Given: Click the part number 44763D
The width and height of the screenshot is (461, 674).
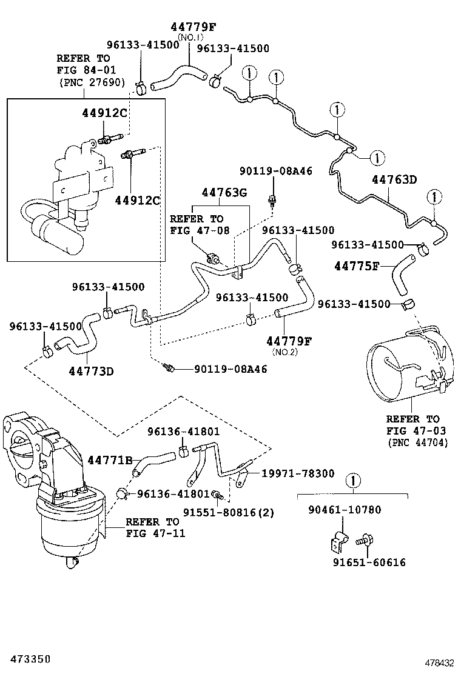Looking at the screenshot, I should tap(394, 180).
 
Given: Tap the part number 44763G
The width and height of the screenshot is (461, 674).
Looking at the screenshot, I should tap(224, 193).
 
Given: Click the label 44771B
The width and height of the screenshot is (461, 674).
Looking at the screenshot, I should tap(110, 461).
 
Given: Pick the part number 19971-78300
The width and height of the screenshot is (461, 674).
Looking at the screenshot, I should tap(297, 473).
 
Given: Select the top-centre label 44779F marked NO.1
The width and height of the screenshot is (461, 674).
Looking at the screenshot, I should tap(192, 26).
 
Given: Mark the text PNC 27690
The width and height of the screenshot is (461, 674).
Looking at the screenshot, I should tap(91, 83).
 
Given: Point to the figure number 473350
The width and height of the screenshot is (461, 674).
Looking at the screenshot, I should tap(25, 658).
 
